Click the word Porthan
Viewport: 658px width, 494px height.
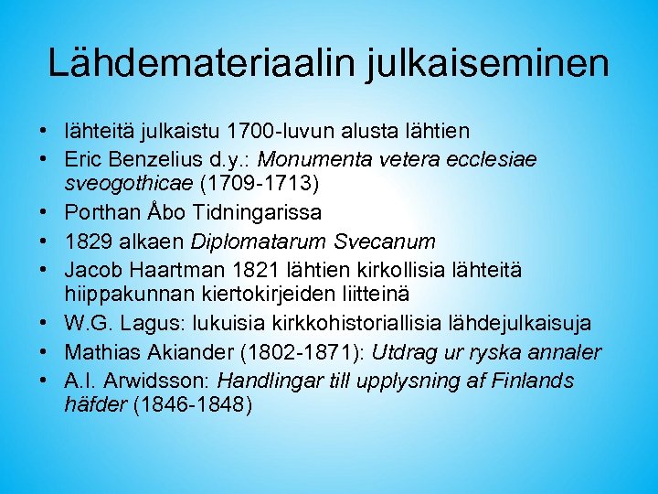click(96, 214)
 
